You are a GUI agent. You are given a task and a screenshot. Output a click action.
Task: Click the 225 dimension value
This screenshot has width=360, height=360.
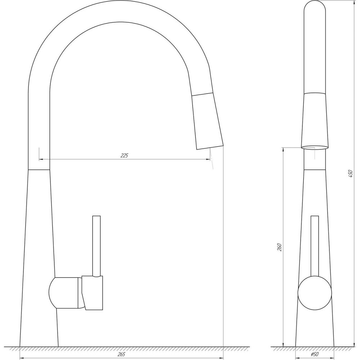click(x=124, y=156)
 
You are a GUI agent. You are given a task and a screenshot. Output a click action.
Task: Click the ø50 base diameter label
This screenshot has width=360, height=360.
click(x=315, y=355)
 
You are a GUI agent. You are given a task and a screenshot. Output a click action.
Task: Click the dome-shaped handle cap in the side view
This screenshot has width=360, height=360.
click(x=63, y=293)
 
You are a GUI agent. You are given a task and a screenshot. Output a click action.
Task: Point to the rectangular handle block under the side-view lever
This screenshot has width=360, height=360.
click(x=93, y=292)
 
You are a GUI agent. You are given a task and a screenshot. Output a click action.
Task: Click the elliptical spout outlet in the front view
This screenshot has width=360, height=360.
click(x=315, y=147)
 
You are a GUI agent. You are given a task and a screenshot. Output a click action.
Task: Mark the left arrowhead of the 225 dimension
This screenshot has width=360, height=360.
click(x=40, y=159)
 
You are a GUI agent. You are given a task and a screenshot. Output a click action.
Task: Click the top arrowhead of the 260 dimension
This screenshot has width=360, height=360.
click(x=284, y=149)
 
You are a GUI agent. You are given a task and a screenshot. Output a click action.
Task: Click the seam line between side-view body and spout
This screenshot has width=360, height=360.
click(x=39, y=169)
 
